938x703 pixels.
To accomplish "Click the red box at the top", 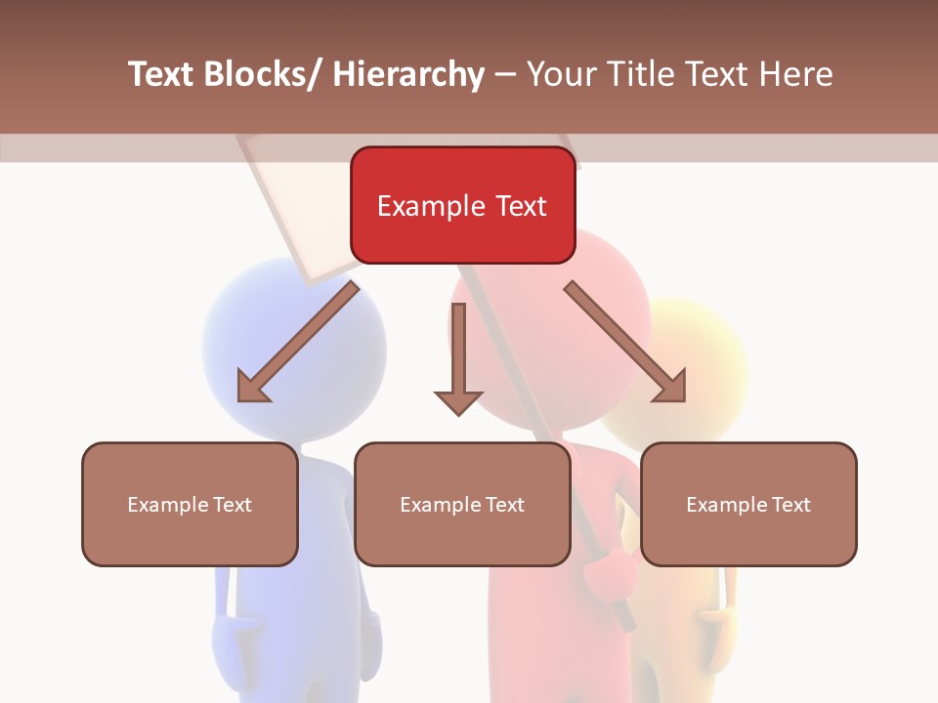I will (462, 205).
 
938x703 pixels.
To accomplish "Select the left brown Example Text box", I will (190, 504).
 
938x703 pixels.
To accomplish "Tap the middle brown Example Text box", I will (462, 504).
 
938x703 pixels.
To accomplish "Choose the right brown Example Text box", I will (748, 504).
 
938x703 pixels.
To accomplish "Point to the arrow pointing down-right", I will (625, 342).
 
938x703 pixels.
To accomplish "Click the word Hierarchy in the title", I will (408, 74).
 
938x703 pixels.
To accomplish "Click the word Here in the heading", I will (796, 74).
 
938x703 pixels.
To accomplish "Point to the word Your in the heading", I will (559, 74).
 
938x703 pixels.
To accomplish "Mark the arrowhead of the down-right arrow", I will (671, 386).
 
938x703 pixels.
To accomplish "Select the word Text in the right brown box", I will (789, 504).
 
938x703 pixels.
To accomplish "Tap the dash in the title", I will (505, 74).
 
